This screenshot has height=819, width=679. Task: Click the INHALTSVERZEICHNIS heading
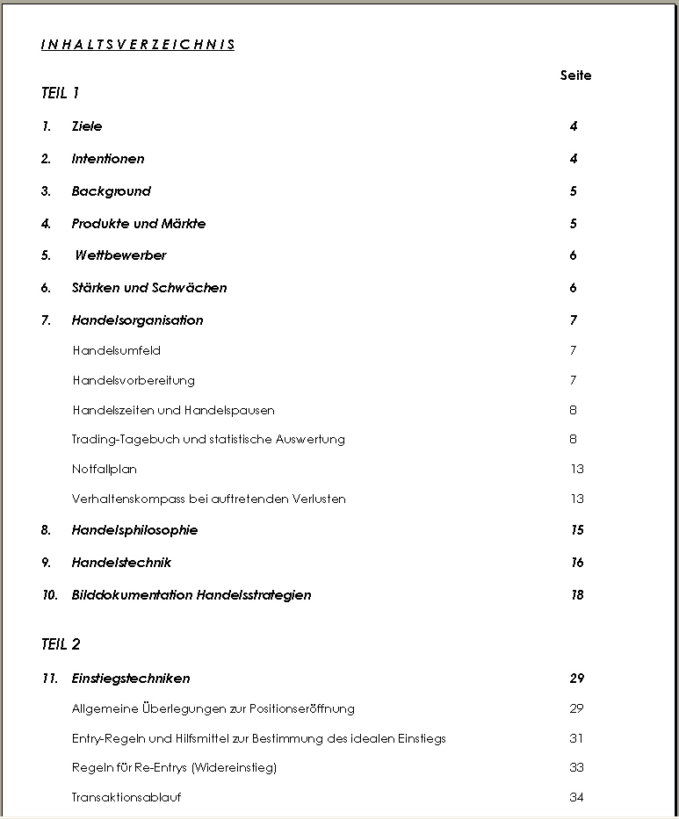(x=138, y=45)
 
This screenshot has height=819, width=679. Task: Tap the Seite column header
(x=575, y=75)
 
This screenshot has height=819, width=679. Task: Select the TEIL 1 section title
(x=61, y=93)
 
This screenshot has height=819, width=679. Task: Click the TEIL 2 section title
(x=61, y=644)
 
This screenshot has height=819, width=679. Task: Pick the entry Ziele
(x=87, y=126)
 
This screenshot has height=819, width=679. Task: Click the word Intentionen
(x=108, y=159)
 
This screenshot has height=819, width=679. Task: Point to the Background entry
(x=112, y=191)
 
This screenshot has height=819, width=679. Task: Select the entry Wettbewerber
(x=120, y=255)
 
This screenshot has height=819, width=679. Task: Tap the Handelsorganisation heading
(x=137, y=320)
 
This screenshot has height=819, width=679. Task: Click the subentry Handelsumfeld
(x=116, y=350)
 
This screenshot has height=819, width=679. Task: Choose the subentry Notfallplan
(x=105, y=469)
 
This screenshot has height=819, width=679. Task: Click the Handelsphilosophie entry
(x=134, y=530)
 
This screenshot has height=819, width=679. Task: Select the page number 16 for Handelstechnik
(x=577, y=563)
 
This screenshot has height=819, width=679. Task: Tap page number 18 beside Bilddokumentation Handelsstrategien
(x=577, y=595)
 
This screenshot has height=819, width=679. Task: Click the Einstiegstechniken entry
(x=131, y=679)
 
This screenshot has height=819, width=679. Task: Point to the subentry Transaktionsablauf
(x=126, y=797)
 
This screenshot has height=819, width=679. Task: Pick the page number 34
(x=576, y=797)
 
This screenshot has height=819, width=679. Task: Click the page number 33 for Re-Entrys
(x=576, y=767)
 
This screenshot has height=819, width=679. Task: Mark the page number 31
(x=576, y=738)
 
